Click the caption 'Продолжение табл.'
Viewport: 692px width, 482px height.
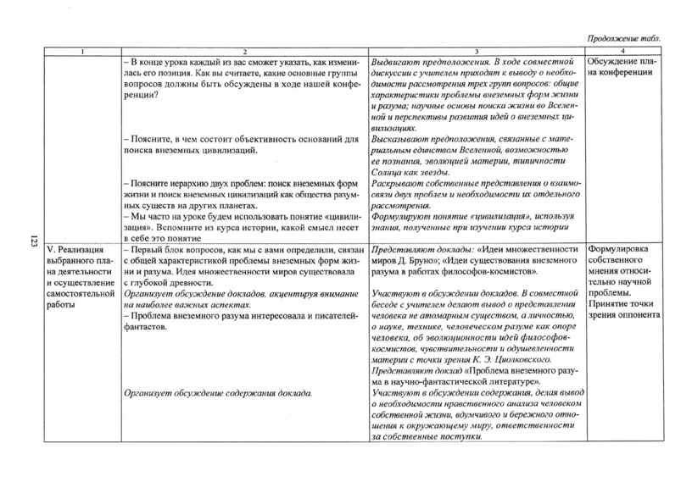point(625,40)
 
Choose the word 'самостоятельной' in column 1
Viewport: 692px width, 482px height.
point(81,292)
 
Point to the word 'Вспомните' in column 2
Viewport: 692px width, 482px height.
point(180,228)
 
